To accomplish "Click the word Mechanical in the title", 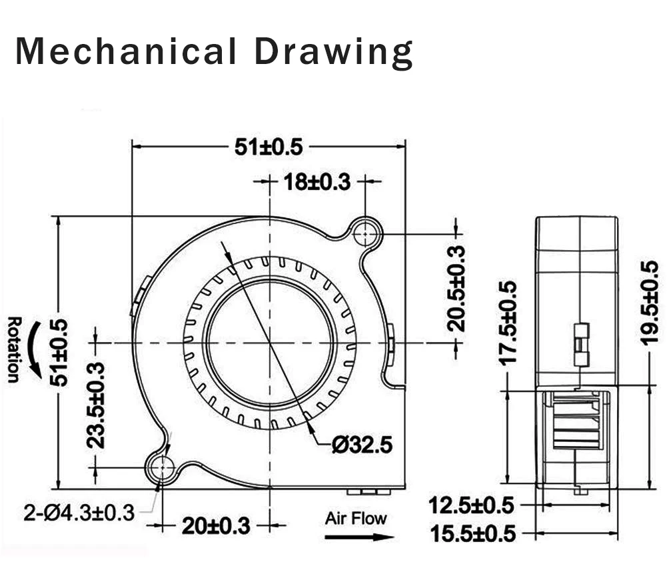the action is [x=126, y=51].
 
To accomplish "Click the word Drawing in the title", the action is [x=334, y=53].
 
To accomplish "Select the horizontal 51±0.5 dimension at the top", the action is [x=269, y=147].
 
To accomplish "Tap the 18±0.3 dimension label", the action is [x=317, y=182].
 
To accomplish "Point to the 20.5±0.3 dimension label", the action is [x=456, y=289].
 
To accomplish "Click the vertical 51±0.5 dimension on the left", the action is [x=59, y=353].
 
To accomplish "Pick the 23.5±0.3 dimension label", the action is [x=95, y=405].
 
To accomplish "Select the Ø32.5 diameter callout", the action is [x=362, y=445].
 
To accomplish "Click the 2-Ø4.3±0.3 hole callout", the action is [x=79, y=513].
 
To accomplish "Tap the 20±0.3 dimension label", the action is [x=216, y=527].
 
